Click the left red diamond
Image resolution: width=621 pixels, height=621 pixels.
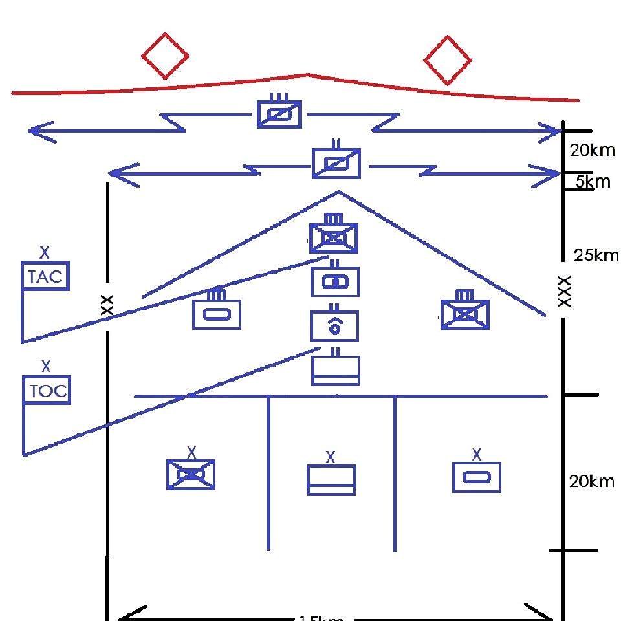click(x=165, y=56)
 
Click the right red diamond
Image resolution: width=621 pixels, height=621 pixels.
click(x=447, y=60)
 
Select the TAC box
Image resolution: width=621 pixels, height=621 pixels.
click(x=46, y=277)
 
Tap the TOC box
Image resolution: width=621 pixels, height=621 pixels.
click(x=47, y=391)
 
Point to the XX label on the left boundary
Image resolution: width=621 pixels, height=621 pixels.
click(x=107, y=305)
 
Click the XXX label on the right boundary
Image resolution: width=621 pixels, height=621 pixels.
click(x=564, y=291)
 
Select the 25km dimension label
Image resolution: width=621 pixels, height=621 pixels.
click(x=595, y=256)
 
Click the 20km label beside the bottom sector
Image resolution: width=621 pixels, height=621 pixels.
click(x=591, y=481)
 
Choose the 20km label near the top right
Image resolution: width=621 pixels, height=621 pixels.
click(x=591, y=151)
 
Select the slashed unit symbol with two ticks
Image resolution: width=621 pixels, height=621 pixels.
click(x=336, y=163)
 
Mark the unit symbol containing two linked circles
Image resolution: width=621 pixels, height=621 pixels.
click(x=334, y=281)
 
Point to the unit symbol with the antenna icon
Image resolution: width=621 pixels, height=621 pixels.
click(x=334, y=325)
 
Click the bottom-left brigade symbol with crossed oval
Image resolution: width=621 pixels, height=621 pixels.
click(x=191, y=475)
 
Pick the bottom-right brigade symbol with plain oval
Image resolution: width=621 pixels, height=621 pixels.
click(x=477, y=477)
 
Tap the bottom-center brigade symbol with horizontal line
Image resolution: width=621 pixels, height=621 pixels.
click(x=331, y=479)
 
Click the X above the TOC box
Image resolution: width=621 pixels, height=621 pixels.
click(x=46, y=367)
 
